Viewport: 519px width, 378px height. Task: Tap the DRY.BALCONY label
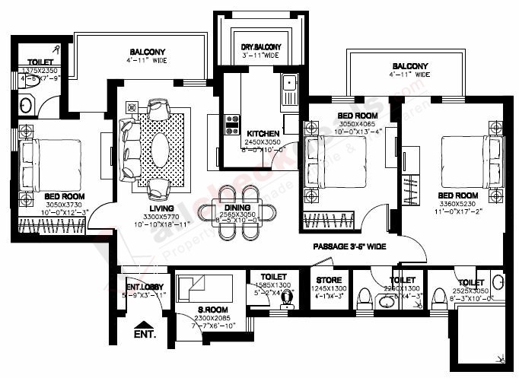[x=250, y=47]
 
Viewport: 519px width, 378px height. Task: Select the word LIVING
[x=161, y=208]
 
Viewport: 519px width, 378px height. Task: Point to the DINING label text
[x=237, y=208]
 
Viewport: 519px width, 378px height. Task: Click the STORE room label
[x=328, y=280]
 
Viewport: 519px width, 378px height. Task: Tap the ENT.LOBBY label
[x=142, y=287]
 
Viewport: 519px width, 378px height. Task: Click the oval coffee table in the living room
[x=161, y=150]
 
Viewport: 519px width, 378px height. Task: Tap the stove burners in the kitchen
[x=231, y=125]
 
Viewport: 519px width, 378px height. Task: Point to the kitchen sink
[x=289, y=89]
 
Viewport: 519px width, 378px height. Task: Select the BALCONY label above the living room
[x=148, y=52]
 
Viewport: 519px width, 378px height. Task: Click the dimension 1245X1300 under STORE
[x=328, y=289]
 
